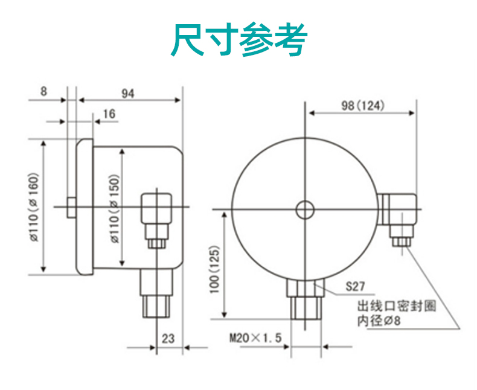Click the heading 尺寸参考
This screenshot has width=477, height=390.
click(239, 40)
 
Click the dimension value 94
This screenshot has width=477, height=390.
click(127, 93)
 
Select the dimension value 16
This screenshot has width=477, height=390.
click(109, 114)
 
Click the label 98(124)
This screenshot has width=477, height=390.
click(362, 105)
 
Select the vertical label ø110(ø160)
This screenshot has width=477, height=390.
click(34, 207)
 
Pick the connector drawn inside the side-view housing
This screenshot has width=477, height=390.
click(156, 214)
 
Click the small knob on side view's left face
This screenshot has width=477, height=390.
click(71, 208)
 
